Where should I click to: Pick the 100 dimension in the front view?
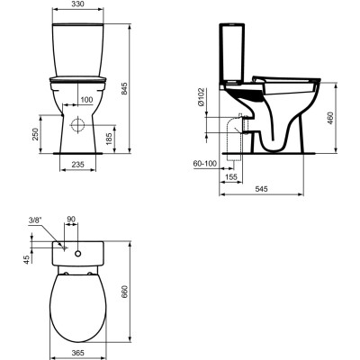(x=86, y=99)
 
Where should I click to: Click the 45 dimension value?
(x=27, y=259)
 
